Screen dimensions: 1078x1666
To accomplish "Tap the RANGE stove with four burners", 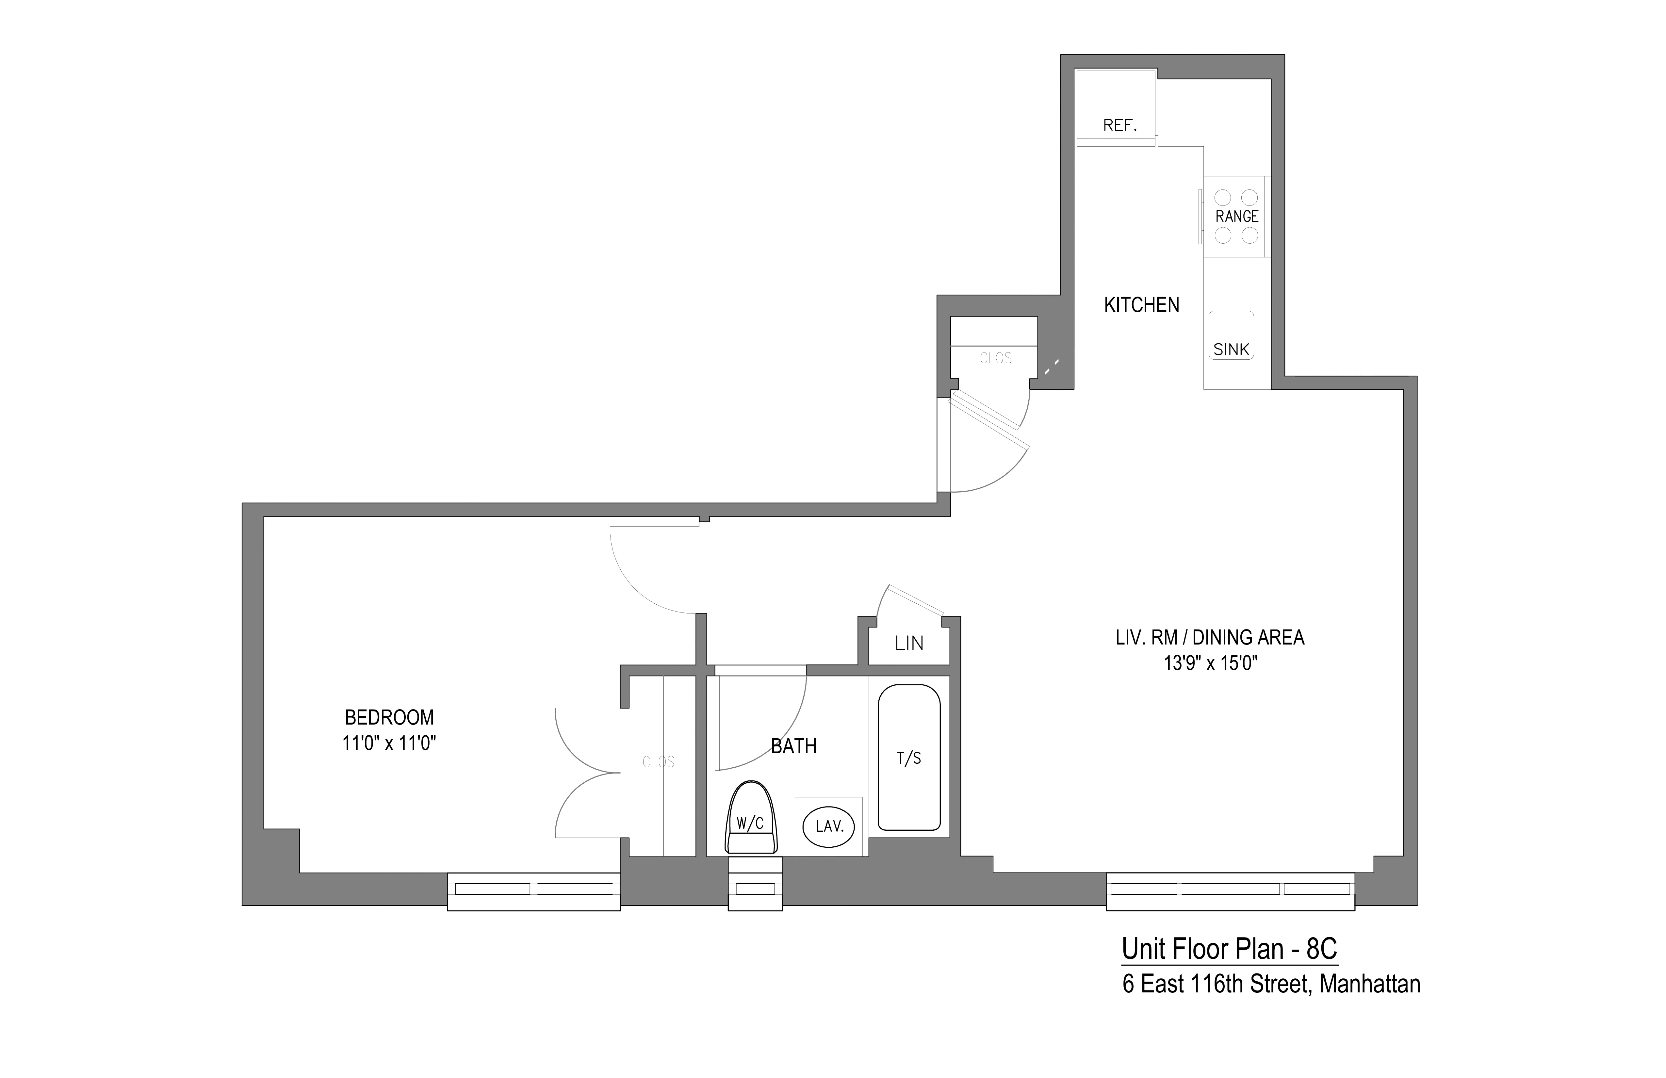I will click(x=1236, y=216).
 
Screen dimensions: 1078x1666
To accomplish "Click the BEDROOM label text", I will click(x=389, y=717).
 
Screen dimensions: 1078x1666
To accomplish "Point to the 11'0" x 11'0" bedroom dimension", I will click(x=389, y=743).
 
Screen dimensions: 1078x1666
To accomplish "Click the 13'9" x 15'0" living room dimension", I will click(x=1210, y=663).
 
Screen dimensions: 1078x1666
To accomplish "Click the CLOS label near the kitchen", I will click(x=995, y=358).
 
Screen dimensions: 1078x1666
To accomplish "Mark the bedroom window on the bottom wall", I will click(x=533, y=890).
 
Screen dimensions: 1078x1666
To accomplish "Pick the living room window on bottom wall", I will click(x=1230, y=890).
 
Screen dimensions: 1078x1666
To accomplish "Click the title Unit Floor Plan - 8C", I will click(x=1229, y=949).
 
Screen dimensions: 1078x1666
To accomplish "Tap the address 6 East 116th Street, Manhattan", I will click(x=1271, y=984).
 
